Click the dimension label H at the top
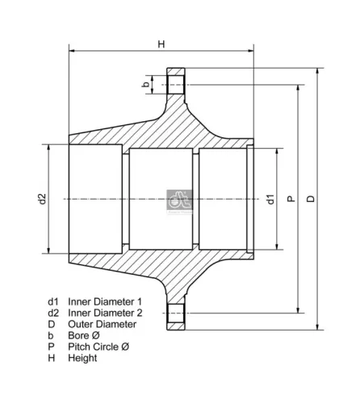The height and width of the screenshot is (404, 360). (161, 44)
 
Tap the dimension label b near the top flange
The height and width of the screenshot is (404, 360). (145, 84)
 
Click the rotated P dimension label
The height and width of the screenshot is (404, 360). (291, 198)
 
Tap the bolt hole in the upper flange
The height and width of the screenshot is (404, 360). (178, 84)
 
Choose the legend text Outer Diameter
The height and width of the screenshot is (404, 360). (99, 324)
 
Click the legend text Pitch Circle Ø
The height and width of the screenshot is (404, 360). (98, 347)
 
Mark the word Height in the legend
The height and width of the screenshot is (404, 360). (82, 358)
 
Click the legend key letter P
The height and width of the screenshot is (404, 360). (51, 347)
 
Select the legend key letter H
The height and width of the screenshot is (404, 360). (51, 358)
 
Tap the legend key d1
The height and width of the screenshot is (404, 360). (53, 301)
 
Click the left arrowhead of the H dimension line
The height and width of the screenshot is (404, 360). (72, 51)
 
